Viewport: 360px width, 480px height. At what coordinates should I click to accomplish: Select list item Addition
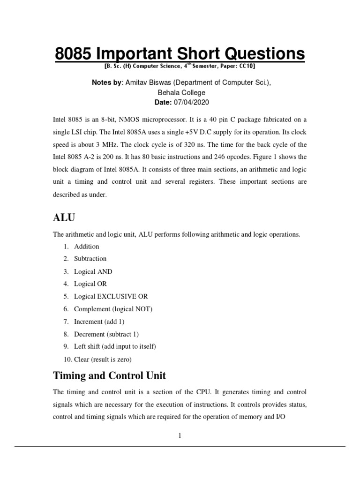click(x=87, y=246)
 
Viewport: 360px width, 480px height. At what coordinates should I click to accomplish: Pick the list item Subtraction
click(x=90, y=259)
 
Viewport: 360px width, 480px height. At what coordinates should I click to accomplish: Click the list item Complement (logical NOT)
click(x=113, y=309)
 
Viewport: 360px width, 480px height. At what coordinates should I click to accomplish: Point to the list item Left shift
click(x=114, y=346)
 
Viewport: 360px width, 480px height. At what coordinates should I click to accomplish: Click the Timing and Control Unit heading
click(x=109, y=376)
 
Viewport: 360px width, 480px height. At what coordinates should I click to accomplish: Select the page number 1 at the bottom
click(x=180, y=435)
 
